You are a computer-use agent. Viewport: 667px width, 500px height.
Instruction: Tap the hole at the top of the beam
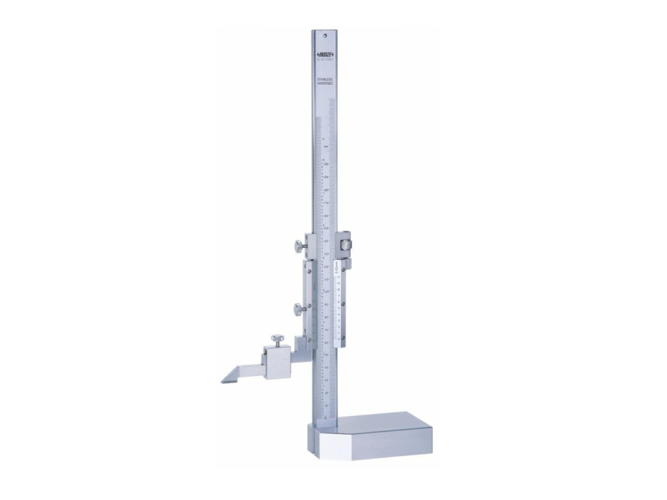click(x=325, y=37)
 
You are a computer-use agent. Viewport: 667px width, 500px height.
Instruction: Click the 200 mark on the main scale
click(x=326, y=163)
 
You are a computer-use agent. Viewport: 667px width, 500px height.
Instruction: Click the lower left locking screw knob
click(x=295, y=308)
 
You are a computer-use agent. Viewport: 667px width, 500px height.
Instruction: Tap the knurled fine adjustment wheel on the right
click(x=346, y=245)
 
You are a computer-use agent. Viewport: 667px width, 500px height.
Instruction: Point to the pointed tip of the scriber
click(x=222, y=381)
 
